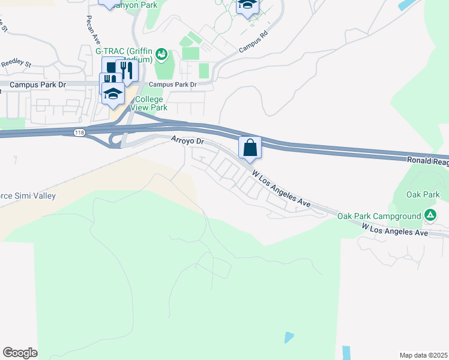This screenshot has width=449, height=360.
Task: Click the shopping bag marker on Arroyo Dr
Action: pos(250,148)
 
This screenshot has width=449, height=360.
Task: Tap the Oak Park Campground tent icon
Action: pos(430,215)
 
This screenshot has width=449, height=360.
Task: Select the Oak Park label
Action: pos(423,194)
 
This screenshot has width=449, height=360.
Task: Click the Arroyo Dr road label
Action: pos(188,142)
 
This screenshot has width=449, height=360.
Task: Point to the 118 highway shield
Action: pos(79,132)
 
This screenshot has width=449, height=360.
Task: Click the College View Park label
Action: pos(151,103)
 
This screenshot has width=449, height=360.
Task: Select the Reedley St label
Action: pos(16,63)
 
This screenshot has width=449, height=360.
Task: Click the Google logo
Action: pos(20,353)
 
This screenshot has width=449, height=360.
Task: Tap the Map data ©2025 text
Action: pos(424,355)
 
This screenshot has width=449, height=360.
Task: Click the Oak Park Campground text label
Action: pos(380,216)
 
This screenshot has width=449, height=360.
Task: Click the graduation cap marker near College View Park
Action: pos(113,92)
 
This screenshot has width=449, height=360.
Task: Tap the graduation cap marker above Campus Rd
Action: pos(247,6)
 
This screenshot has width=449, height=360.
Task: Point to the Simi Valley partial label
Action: pos(28,196)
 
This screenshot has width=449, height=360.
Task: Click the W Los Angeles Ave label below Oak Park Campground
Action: pos(394,229)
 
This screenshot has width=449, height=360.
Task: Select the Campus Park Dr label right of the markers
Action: pos(173,85)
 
